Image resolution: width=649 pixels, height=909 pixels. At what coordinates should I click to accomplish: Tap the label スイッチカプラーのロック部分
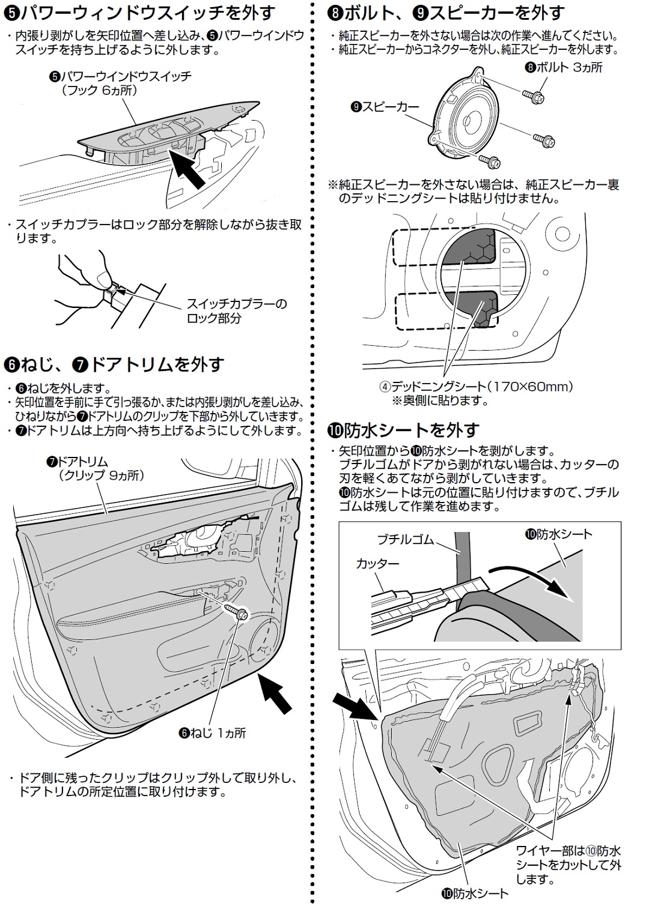(x=237, y=310)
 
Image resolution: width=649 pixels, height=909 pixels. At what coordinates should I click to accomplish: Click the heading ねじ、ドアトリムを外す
(x=114, y=364)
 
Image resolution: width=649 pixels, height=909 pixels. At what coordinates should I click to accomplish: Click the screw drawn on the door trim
(x=239, y=613)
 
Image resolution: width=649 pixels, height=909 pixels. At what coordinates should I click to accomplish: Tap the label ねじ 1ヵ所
(x=213, y=733)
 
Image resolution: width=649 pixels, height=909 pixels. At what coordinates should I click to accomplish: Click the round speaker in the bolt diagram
(x=475, y=119)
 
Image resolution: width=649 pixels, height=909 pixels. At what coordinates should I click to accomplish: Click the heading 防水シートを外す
(x=403, y=430)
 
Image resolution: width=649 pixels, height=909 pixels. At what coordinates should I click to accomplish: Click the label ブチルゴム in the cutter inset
(x=405, y=539)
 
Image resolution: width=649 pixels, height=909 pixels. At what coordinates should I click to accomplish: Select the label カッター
(x=377, y=563)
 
